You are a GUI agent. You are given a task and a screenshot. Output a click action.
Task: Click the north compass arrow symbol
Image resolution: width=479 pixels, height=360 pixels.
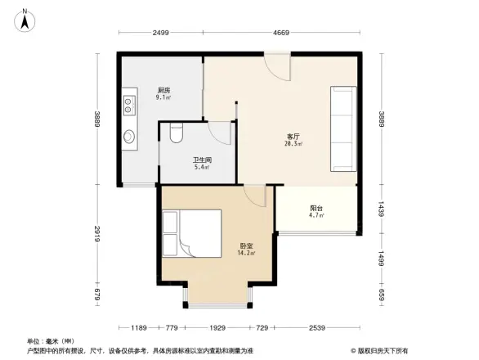click(x=25, y=19)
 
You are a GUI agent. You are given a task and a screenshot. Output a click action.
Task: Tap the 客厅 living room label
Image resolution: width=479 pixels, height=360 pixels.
click(x=293, y=136)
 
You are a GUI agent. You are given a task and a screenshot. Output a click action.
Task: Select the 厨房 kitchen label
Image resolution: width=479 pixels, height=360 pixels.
click(x=163, y=90)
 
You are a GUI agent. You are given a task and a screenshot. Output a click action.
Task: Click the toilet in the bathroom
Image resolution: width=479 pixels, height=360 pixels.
click(x=174, y=132)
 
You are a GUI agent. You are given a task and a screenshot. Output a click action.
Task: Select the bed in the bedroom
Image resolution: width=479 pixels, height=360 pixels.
click(x=191, y=233)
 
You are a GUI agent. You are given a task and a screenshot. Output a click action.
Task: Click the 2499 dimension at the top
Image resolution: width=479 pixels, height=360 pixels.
click(x=160, y=33)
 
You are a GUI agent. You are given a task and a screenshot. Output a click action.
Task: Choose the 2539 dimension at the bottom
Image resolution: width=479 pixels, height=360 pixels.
click(x=316, y=328)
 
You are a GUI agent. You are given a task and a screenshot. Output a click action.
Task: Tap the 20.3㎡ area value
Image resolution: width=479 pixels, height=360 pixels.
click(x=293, y=144)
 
